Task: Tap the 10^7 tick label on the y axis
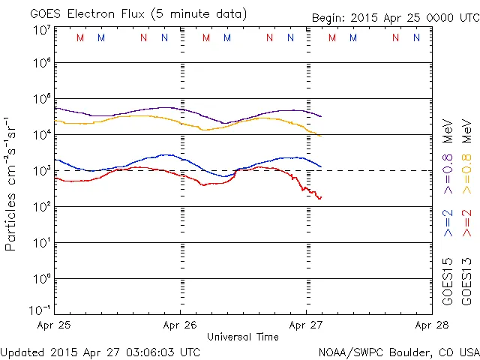click(42, 30)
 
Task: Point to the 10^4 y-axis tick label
click(42, 133)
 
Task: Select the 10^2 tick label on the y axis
click(42, 205)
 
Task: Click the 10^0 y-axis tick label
click(42, 277)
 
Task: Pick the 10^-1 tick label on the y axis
click(40, 309)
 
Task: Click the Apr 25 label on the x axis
click(55, 325)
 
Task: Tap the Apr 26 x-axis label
click(180, 325)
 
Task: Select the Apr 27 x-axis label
click(306, 325)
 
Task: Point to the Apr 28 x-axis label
click(431, 325)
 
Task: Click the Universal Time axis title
click(243, 337)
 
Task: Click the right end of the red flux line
click(320, 197)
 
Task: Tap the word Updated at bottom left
click(22, 352)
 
